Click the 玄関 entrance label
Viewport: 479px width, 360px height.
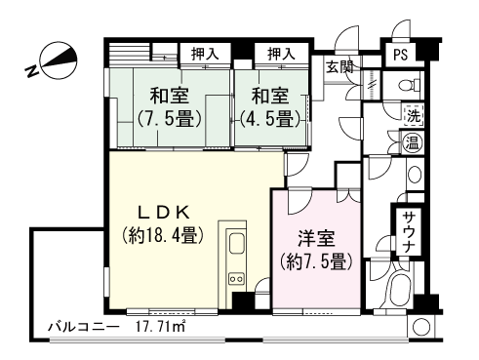[x=339, y=67]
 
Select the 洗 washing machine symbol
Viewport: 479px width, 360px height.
[x=414, y=115]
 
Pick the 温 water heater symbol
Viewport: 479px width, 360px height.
[x=414, y=141]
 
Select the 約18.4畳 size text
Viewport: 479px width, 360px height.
[x=162, y=235]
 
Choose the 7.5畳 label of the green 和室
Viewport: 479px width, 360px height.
[x=169, y=120]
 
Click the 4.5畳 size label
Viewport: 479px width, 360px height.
[x=269, y=120]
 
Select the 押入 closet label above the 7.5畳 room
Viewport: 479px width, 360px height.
[x=204, y=54]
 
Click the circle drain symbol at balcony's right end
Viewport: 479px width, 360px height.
[x=420, y=328]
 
